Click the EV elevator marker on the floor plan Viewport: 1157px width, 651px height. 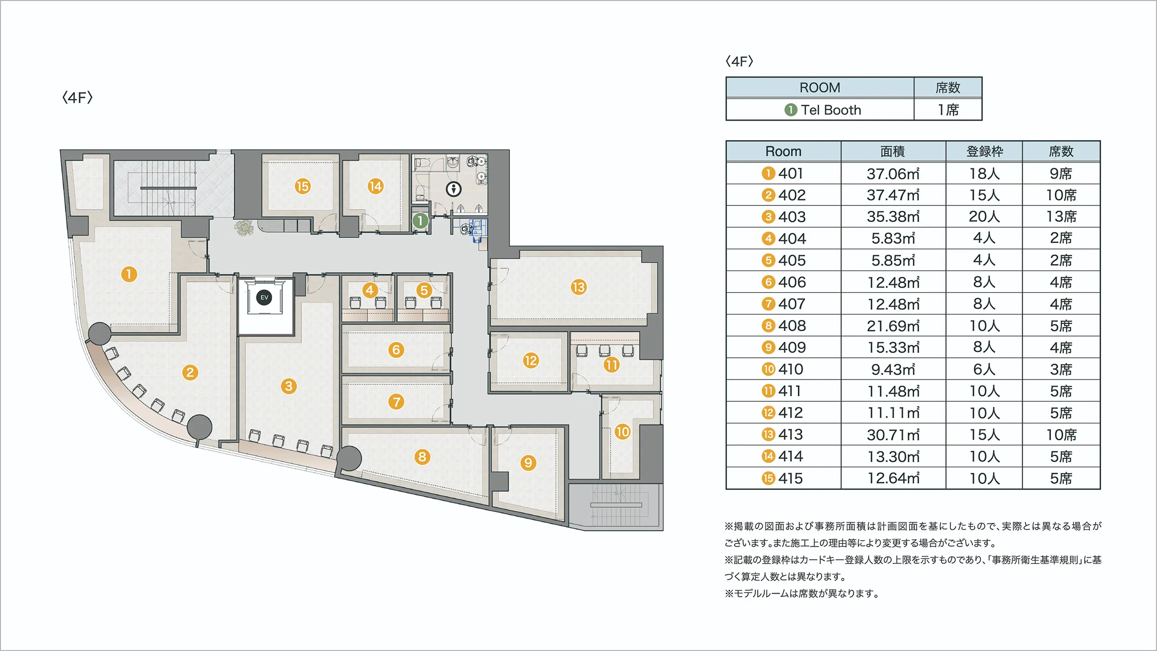pos(264,298)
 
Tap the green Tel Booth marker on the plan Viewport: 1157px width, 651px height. pos(420,221)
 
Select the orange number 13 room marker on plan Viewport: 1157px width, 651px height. pos(578,287)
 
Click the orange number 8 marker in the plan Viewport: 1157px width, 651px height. pos(422,457)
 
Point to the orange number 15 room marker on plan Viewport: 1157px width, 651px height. pos(302,186)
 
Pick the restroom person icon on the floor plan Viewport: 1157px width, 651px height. pos(454,189)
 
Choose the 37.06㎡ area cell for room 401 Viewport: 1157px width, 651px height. pos(893,174)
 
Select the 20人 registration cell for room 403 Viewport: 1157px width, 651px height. pos(984,217)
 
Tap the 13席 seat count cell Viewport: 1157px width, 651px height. pos(1061,217)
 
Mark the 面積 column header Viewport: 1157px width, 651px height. pos(893,151)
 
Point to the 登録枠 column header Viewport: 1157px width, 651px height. pos(984,151)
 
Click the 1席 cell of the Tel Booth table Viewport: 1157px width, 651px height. pos(948,110)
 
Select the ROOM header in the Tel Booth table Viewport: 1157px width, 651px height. pos(820,88)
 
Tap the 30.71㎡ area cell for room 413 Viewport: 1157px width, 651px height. pos(893,435)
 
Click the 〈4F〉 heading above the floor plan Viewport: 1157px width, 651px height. pos(77,98)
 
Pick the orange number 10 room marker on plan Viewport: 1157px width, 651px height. pos(622,432)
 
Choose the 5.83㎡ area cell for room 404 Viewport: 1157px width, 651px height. pos(893,239)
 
